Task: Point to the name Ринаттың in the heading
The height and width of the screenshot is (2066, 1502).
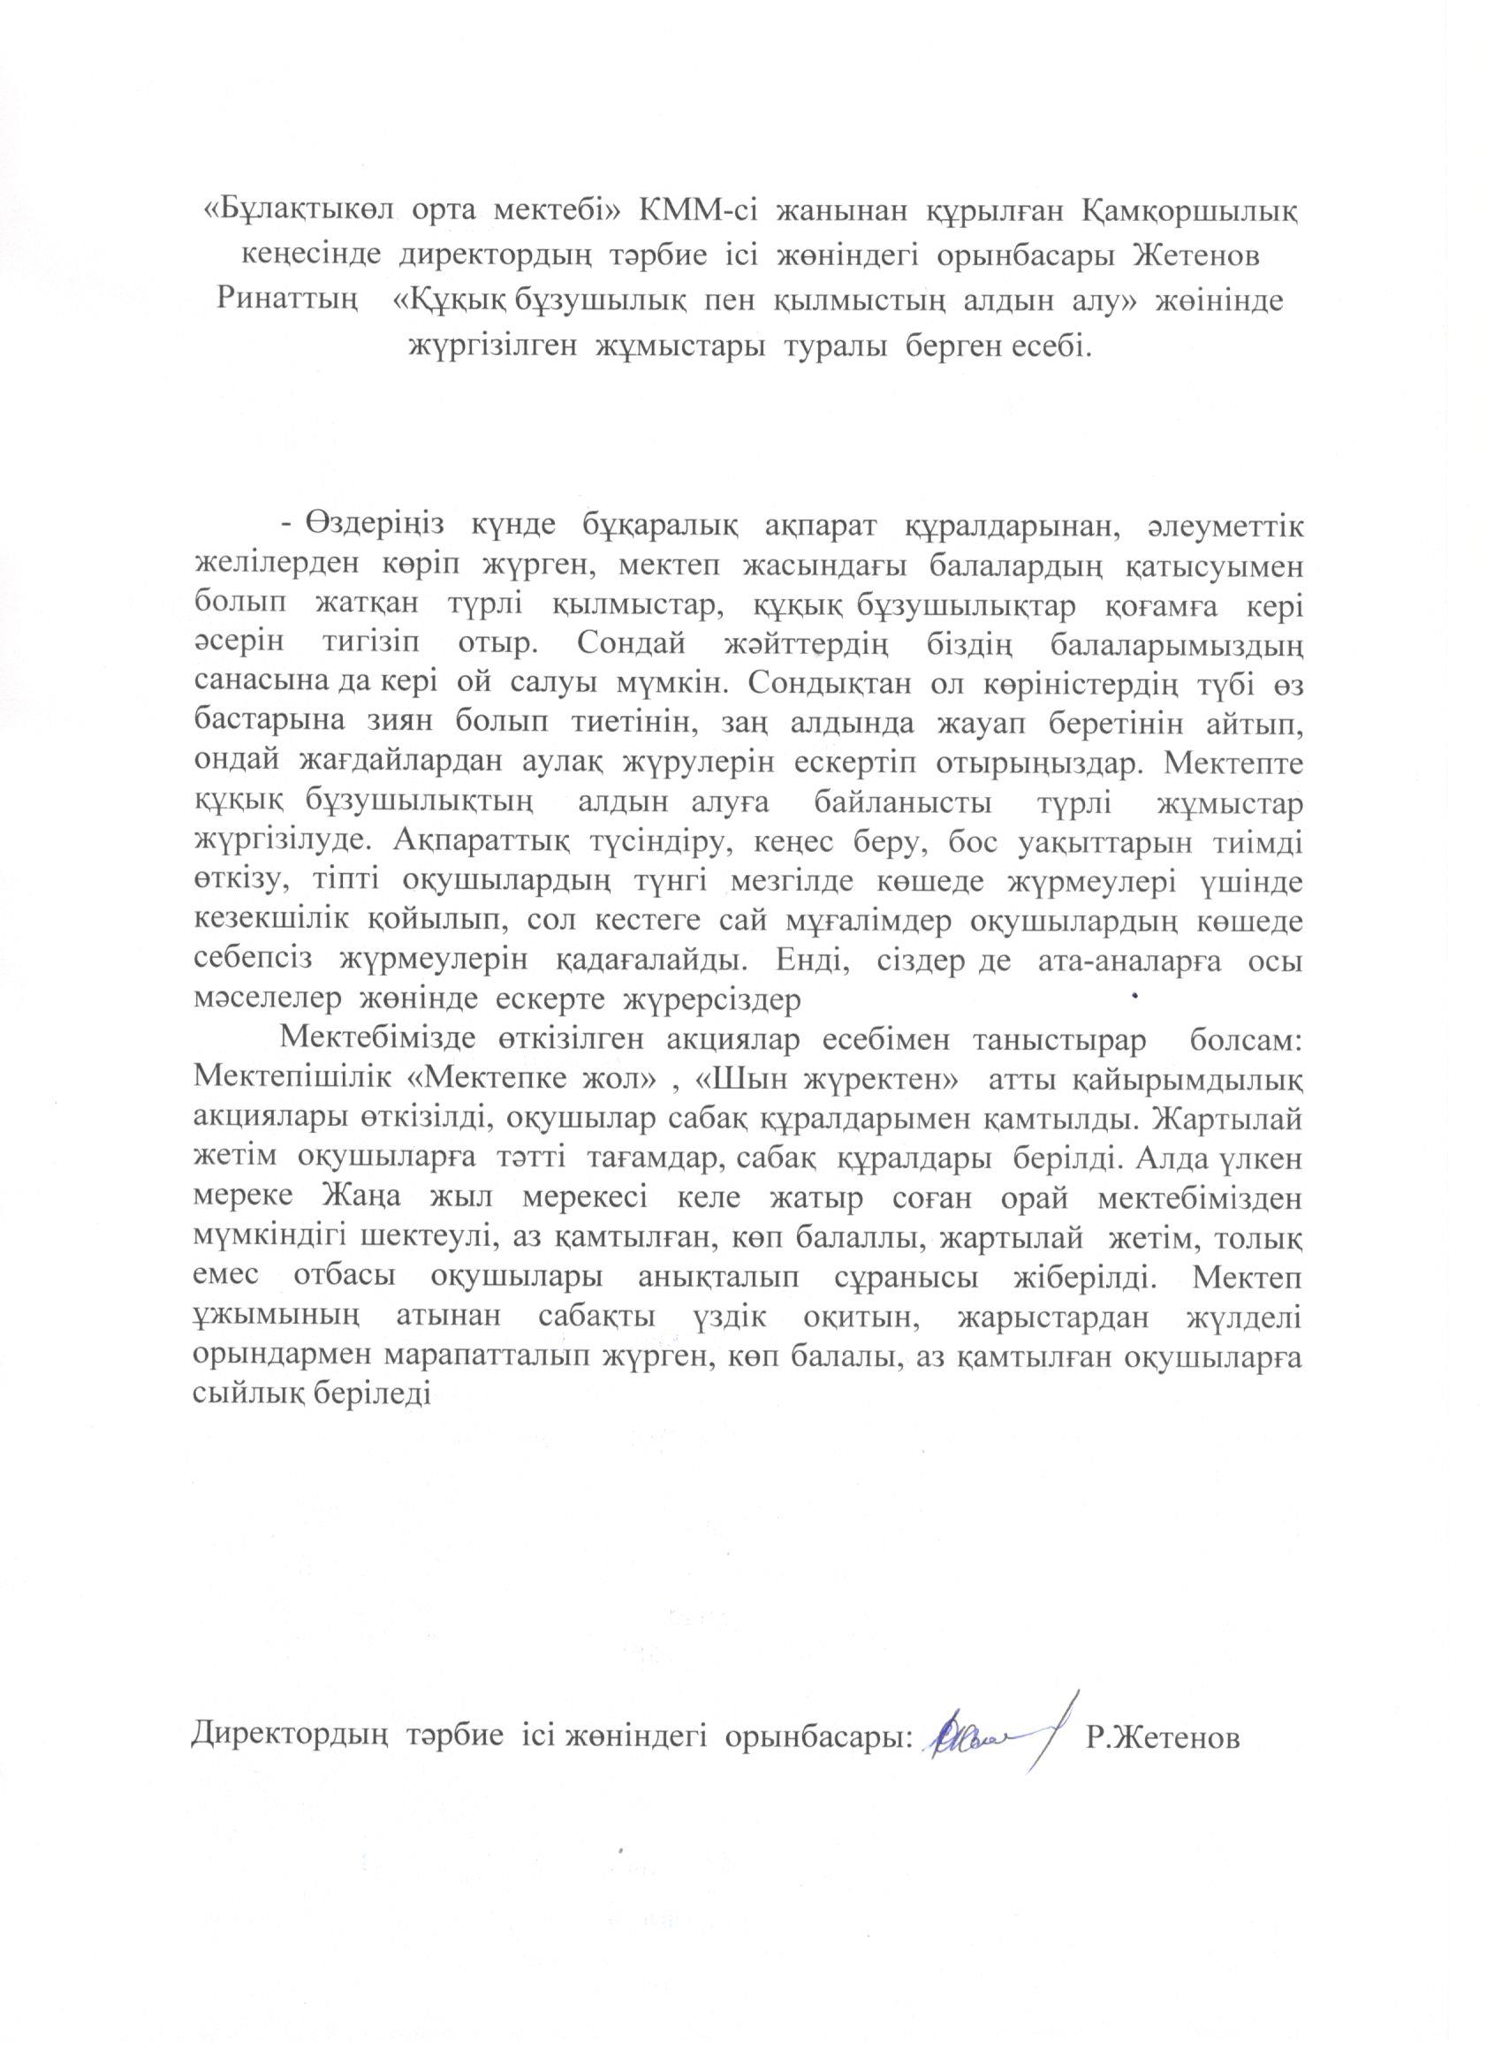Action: [285, 301]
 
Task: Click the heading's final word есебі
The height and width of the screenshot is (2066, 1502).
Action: [1048, 346]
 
